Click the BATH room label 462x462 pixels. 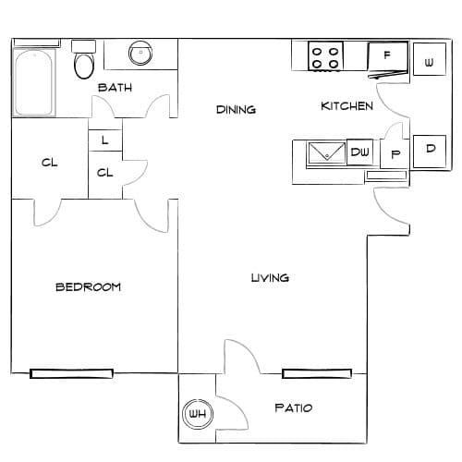115,88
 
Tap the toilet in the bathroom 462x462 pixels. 84,59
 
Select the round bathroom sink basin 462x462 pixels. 140,54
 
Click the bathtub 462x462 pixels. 34,81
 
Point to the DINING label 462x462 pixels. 236,110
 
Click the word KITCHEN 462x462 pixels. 346,106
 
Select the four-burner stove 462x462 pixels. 326,56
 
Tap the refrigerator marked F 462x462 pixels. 388,58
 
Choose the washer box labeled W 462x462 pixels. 430,59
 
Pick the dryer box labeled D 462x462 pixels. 430,152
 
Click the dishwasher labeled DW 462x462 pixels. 359,152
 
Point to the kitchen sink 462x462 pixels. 327,153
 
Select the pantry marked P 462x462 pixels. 395,153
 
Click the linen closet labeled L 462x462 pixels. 105,140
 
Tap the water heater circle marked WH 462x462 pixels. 198,414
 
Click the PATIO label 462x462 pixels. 294,408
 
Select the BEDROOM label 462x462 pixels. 88,287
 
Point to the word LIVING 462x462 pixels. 270,278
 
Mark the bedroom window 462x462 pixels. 71,373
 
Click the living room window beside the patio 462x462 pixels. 317,373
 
